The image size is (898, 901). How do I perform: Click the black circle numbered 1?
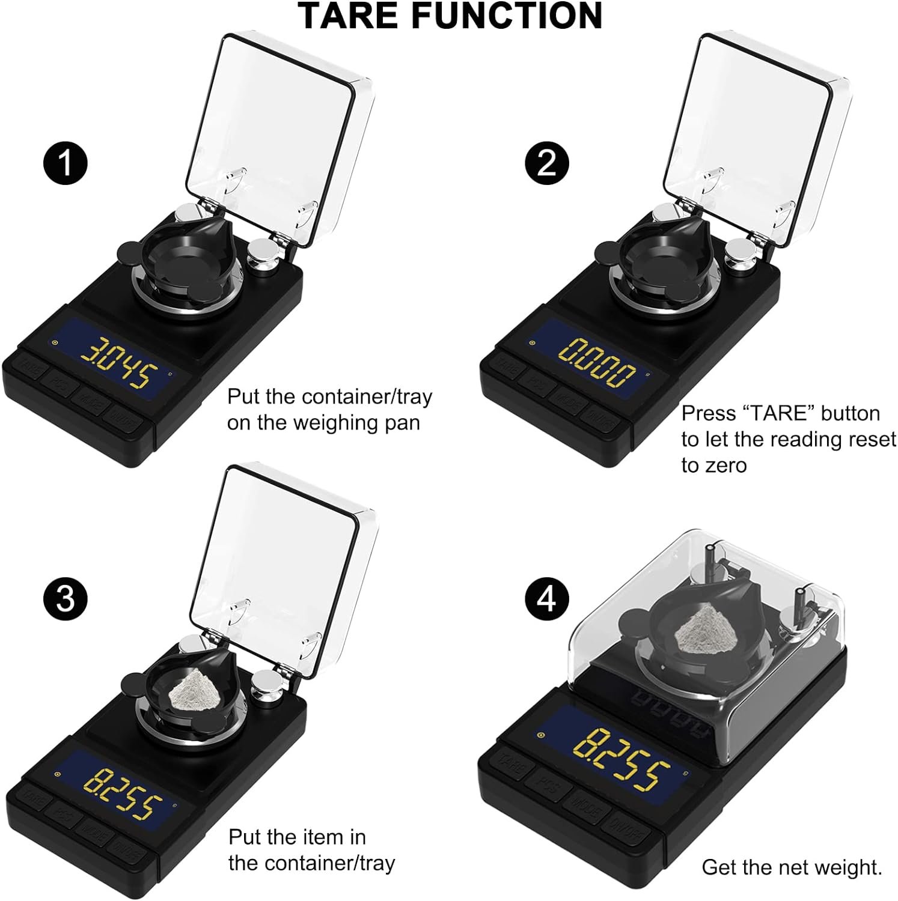[66, 163]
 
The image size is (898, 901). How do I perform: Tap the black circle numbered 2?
[546, 163]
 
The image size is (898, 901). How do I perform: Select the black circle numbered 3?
[66, 599]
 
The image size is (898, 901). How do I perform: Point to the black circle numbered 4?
[546, 599]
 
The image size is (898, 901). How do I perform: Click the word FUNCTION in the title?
[507, 16]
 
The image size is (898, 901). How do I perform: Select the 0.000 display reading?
[597, 363]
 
